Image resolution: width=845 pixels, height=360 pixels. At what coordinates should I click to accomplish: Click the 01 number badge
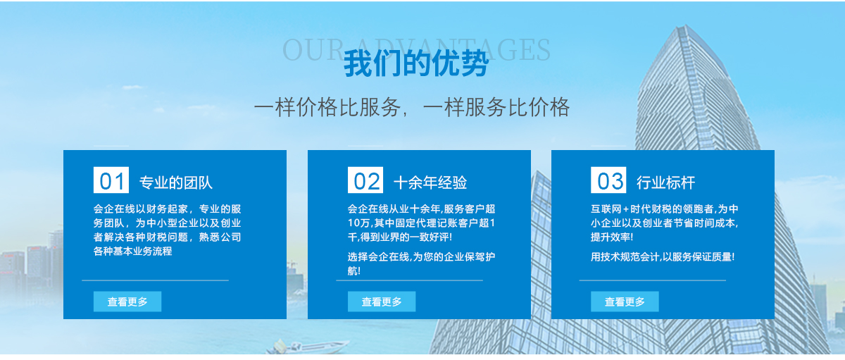click(111, 180)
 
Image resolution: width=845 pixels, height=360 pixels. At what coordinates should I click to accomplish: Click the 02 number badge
click(365, 180)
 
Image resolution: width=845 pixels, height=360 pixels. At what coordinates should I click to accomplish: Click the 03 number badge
click(608, 180)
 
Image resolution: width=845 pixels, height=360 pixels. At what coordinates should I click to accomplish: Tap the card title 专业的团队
click(176, 182)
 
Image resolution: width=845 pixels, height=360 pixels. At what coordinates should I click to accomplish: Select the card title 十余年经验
click(430, 182)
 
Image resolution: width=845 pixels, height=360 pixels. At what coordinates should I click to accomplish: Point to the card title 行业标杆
click(666, 182)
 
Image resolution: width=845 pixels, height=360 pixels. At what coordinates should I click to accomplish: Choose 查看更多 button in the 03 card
click(625, 302)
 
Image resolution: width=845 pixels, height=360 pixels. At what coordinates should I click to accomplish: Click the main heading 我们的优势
click(416, 63)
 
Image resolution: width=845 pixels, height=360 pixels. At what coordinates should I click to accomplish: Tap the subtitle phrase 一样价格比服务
click(327, 108)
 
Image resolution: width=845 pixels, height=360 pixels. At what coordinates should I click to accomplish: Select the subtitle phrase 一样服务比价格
click(496, 108)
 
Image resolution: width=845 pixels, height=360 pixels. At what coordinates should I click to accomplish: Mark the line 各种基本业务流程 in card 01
click(133, 251)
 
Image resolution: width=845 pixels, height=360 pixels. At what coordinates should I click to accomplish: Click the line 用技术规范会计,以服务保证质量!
click(663, 257)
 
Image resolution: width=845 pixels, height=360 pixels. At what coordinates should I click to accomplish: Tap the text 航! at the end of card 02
click(354, 271)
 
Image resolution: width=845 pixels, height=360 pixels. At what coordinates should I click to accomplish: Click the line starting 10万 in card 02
click(421, 223)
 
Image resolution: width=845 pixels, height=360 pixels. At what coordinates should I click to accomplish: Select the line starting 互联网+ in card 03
click(665, 209)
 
